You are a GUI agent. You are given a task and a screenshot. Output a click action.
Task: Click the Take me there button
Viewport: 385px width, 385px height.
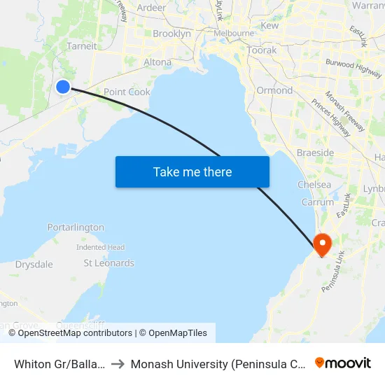point(192,171)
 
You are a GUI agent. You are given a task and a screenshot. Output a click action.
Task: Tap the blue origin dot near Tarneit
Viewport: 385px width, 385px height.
point(63,86)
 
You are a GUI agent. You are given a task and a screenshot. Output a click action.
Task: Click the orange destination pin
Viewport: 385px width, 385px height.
point(322,244)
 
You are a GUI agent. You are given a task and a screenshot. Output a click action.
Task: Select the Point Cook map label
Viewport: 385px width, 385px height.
point(127,92)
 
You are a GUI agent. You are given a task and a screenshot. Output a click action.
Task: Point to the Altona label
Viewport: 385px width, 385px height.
point(157,62)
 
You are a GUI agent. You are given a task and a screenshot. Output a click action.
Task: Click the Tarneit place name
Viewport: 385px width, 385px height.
point(81,46)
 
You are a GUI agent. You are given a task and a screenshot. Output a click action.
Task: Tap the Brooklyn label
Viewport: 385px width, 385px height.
point(171,34)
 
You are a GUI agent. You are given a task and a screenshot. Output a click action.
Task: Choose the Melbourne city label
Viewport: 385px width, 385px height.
point(234,33)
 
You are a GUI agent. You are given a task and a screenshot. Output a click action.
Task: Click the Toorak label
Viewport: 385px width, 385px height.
point(261,50)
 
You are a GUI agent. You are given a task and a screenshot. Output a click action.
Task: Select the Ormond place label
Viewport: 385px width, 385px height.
point(274,90)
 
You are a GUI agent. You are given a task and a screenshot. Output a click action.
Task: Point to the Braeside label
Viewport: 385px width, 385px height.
point(316,153)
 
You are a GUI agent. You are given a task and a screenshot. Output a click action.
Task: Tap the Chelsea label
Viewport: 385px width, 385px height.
point(314,184)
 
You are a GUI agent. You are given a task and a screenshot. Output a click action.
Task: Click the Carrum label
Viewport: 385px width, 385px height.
point(318,202)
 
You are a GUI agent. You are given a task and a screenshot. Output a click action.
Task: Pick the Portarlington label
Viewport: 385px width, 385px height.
point(76,227)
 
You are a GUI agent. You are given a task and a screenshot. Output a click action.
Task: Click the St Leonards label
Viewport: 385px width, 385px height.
point(108,263)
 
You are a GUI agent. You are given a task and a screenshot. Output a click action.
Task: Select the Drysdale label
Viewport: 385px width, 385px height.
point(34,265)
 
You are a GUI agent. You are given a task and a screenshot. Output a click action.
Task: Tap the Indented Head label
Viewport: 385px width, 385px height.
point(101,247)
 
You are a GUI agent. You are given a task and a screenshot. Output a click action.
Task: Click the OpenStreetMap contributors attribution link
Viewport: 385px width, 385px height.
point(75,333)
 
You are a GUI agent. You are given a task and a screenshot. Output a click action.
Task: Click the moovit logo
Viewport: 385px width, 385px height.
point(343,363)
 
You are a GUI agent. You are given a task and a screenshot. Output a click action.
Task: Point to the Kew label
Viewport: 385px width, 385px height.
point(269,25)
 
